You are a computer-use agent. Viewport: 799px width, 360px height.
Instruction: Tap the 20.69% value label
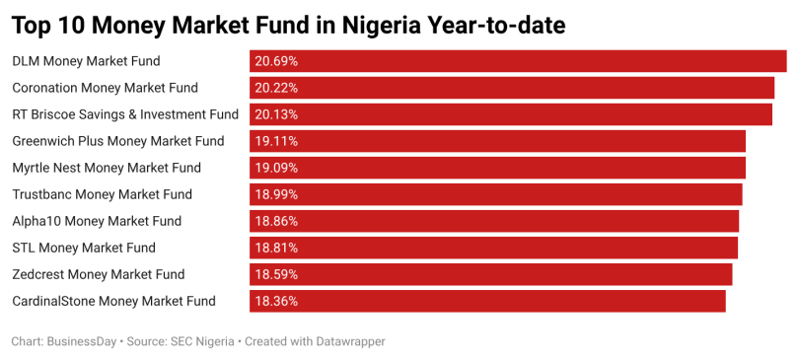pyautogui.click(x=276, y=61)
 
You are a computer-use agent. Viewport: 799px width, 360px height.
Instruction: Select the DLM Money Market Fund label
pyautogui.click(x=86, y=61)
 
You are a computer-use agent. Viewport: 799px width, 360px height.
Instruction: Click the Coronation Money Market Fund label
pyautogui.click(x=105, y=88)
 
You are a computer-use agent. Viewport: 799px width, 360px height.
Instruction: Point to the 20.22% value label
pyautogui.click(x=276, y=88)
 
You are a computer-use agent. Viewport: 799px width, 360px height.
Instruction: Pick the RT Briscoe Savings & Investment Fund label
pyautogui.click(x=125, y=114)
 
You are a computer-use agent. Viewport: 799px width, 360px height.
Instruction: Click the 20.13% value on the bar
pyautogui.click(x=276, y=114)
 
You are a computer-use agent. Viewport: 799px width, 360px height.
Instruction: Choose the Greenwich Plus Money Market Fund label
pyautogui.click(x=118, y=141)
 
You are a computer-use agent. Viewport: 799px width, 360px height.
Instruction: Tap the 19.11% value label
pyautogui.click(x=276, y=141)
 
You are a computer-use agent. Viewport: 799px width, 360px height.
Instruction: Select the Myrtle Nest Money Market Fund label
pyautogui.click(x=107, y=168)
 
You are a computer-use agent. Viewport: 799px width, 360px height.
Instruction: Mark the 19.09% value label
pyautogui.click(x=276, y=168)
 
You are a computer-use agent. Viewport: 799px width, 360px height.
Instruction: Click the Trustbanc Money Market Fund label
pyautogui.click(x=102, y=194)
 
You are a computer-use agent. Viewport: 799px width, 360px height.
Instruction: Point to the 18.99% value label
pyautogui.click(x=276, y=194)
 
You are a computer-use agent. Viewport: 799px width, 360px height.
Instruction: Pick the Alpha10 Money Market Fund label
pyautogui.click(x=97, y=221)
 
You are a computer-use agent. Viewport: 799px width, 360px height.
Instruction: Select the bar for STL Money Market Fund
pyautogui.click(x=494, y=248)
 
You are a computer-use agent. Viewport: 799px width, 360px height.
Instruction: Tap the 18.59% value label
pyautogui.click(x=276, y=274)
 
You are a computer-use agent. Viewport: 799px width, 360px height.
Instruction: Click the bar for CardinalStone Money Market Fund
pyautogui.click(x=487, y=301)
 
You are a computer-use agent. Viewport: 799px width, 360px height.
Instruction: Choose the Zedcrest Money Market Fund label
pyautogui.click(x=99, y=274)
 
